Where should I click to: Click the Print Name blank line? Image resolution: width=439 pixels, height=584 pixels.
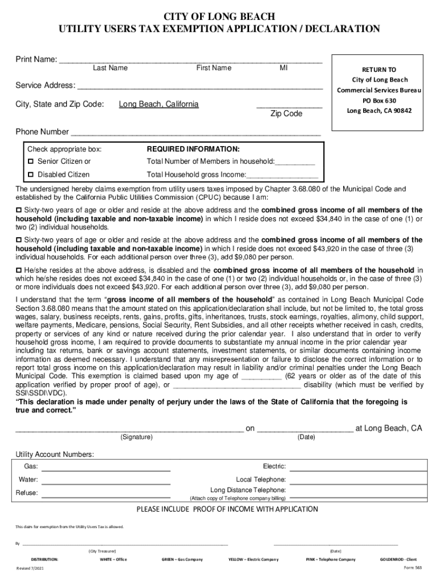(x=190, y=60)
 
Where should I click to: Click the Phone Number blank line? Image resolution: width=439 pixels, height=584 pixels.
(x=194, y=133)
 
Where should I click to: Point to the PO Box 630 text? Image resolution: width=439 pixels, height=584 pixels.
(x=379, y=100)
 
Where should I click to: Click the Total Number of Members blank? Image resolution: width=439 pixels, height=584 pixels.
(x=295, y=163)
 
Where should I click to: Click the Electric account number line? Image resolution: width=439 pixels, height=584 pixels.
(x=358, y=469)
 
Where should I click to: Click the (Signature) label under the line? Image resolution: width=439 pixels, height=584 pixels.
(x=136, y=437)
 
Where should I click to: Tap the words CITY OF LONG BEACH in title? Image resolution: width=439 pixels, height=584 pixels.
(x=219, y=16)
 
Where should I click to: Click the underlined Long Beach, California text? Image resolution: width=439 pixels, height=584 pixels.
(x=158, y=104)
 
